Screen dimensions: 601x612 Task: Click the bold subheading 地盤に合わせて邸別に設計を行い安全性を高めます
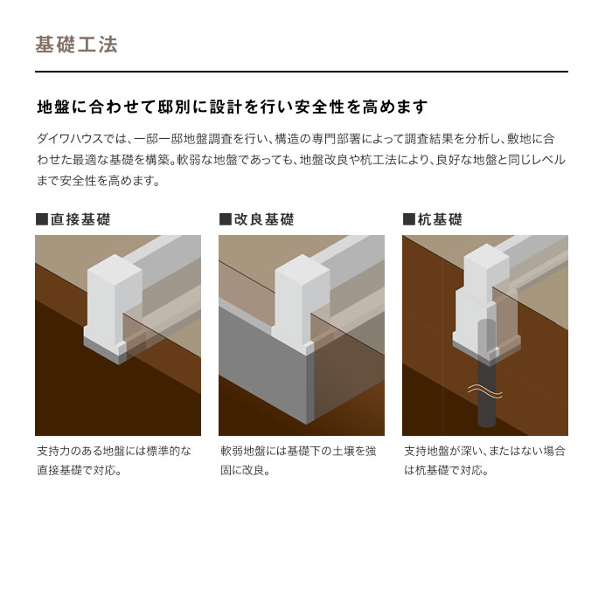232,107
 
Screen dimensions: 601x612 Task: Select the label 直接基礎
80,219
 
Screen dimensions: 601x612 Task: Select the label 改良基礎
264,219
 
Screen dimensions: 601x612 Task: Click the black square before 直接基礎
41,219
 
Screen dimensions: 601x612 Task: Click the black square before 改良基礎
225,219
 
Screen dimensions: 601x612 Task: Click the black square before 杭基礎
408,219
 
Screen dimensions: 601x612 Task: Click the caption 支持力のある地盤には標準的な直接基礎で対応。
114,460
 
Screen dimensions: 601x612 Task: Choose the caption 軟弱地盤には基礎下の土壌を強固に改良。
297,460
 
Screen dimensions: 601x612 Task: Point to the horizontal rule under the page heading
302,71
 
